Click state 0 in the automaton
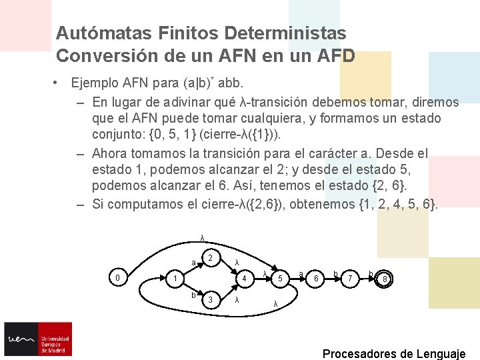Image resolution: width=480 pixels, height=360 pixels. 117,277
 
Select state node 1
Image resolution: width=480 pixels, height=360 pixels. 173,278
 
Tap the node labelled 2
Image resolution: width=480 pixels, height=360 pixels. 210,258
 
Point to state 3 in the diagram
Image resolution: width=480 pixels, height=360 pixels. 210,299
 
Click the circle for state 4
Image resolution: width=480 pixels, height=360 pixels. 245,278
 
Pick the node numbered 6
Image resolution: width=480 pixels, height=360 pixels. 317,278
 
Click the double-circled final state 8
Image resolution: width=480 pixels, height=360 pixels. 385,279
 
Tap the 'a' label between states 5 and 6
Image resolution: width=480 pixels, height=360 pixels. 301,274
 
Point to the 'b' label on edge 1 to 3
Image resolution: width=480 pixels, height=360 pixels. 193,294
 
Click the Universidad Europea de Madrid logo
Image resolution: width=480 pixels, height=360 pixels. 38,339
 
